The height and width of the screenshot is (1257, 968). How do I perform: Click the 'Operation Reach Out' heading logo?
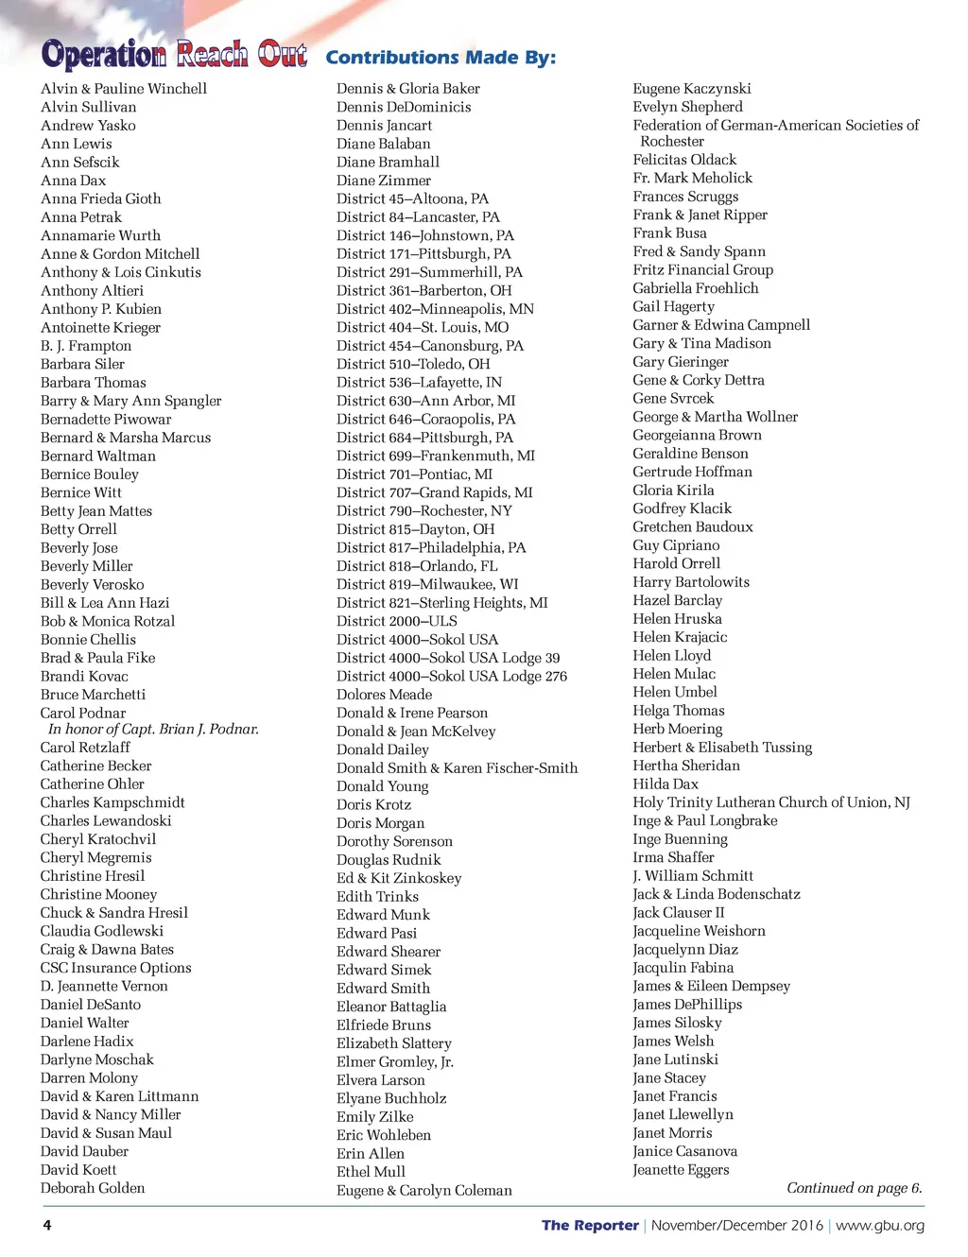[174, 55]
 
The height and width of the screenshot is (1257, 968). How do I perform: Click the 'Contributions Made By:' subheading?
[441, 58]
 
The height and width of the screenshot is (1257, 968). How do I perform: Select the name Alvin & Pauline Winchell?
[124, 89]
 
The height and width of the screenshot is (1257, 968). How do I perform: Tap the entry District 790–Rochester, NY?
[424, 511]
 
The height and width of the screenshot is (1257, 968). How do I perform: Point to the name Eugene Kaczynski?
[692, 89]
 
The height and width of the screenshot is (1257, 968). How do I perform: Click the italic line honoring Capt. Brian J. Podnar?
[153, 730]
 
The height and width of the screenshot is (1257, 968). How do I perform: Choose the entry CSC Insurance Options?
[116, 968]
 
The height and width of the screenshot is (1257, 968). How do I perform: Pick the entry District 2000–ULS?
[397, 621]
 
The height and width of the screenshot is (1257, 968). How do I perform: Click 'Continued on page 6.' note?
[855, 1188]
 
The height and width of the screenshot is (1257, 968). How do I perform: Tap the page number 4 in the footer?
[47, 1226]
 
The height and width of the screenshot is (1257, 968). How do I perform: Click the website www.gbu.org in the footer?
[880, 1226]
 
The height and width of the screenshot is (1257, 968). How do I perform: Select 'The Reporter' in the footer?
[590, 1226]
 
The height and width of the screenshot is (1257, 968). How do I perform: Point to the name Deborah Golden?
[93, 1188]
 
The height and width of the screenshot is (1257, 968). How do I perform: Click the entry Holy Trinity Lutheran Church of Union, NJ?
[771, 802]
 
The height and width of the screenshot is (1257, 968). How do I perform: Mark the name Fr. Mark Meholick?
[693, 178]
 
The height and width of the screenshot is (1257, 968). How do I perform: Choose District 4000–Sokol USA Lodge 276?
[452, 677]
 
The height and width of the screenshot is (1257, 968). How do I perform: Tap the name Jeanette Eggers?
[681, 1170]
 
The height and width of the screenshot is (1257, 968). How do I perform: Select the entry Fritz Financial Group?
[703, 269]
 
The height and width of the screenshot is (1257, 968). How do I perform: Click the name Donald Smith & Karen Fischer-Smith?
[458, 768]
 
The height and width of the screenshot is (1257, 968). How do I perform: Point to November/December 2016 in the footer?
[737, 1226]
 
